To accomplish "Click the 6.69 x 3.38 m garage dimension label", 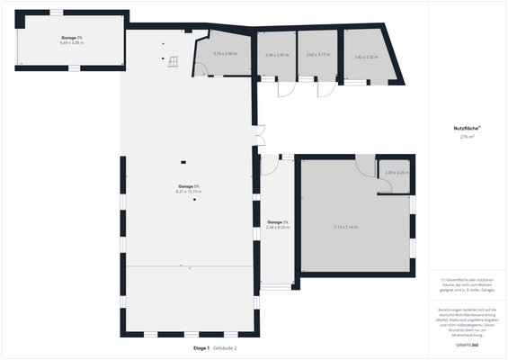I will (72, 42).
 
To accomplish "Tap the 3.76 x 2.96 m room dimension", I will (225, 54).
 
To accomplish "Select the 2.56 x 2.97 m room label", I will (277, 56).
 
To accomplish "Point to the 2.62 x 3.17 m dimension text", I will (318, 56).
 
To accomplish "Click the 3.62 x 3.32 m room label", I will (366, 58).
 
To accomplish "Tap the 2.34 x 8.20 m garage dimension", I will (278, 228).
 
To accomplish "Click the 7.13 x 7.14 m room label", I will (345, 227).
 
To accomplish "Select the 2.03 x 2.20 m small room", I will (397, 173).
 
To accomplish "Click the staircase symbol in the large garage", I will (173, 61).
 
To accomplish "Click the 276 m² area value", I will (467, 138).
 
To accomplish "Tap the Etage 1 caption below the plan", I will (201, 347).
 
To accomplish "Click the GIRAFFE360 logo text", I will (467, 345).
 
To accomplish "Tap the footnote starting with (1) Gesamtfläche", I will (467, 285).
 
